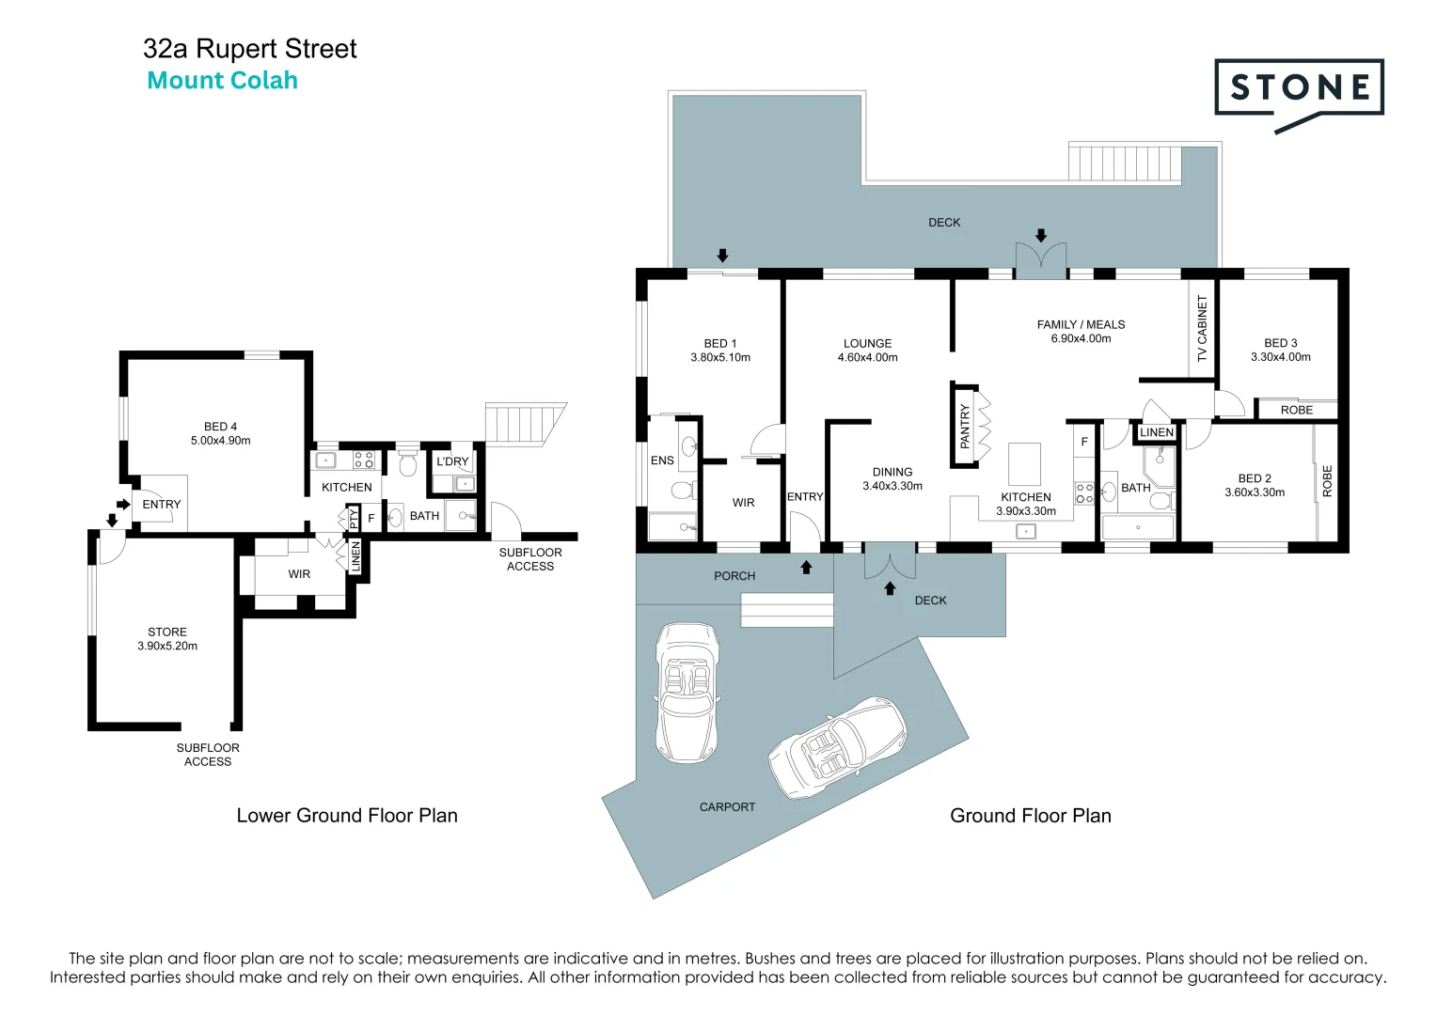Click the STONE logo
pyautogui.click(x=1299, y=89)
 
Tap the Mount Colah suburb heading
pyautogui.click(x=223, y=81)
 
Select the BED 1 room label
pyautogui.click(x=720, y=343)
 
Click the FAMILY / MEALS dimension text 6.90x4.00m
pyautogui.click(x=1081, y=338)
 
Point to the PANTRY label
pyautogui.click(x=964, y=426)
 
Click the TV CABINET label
pyautogui.click(x=1202, y=328)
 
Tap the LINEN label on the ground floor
pyautogui.click(x=1157, y=432)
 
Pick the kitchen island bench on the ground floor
pyautogui.click(x=1024, y=463)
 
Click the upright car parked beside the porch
pyautogui.click(x=687, y=692)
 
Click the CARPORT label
pyautogui.click(x=727, y=806)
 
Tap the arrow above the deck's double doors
pyautogui.click(x=1040, y=235)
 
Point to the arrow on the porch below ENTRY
pyautogui.click(x=806, y=568)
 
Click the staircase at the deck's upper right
pyautogui.click(x=1124, y=163)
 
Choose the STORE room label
pyautogui.click(x=167, y=632)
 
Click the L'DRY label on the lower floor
pyautogui.click(x=452, y=461)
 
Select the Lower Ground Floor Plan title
pyautogui.click(x=347, y=816)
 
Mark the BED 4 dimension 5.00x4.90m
pyautogui.click(x=221, y=441)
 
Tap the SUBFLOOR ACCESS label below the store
pyautogui.click(x=208, y=755)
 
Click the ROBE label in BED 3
pyautogui.click(x=1296, y=410)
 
